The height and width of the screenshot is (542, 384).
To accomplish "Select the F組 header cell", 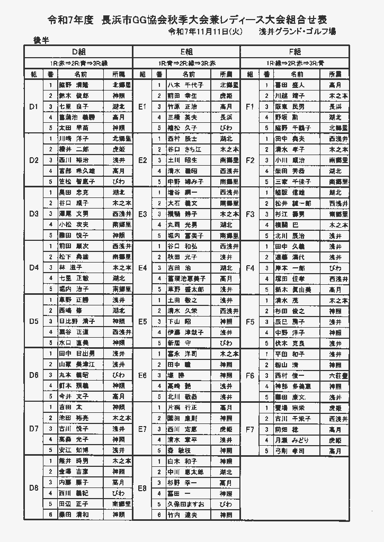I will [294, 51].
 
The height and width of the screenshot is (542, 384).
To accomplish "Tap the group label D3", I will [34, 214].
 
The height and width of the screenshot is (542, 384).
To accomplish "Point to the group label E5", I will [142, 321].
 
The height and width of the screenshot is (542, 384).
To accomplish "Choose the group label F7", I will [251, 429].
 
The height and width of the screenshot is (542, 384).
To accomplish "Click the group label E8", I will [142, 488].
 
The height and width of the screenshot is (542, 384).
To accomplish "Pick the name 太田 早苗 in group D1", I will [74, 128].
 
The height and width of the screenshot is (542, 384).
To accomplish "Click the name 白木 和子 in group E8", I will [182, 461].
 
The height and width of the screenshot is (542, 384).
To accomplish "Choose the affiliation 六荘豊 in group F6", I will [338, 375].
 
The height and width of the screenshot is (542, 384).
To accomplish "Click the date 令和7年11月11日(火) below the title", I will [205, 32].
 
